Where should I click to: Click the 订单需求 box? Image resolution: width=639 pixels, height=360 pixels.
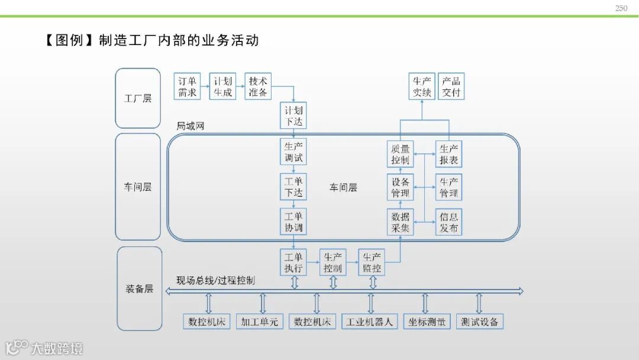pyautogui.click(x=188, y=86)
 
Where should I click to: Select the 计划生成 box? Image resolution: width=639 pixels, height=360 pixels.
pyautogui.click(x=222, y=86)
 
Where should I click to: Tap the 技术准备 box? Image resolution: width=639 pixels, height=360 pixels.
pyautogui.click(x=258, y=86)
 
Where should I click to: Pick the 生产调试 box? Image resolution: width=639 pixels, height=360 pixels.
pyautogui.click(x=293, y=152)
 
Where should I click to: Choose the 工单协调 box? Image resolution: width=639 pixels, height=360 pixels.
pyautogui.click(x=293, y=222)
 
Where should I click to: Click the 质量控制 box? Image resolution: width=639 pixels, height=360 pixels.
pyautogui.click(x=400, y=154)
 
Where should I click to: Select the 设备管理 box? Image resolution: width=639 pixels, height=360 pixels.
pyautogui.click(x=400, y=188)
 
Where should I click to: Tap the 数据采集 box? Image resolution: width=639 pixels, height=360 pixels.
pyautogui.click(x=400, y=222)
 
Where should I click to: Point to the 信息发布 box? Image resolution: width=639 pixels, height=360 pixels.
pyautogui.click(x=448, y=222)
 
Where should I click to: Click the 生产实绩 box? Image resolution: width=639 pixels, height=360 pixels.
pyautogui.click(x=422, y=86)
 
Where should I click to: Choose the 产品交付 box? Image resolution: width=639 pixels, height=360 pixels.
pyautogui.click(x=451, y=86)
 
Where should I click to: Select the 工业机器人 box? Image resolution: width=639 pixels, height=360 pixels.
pyautogui.click(x=370, y=322)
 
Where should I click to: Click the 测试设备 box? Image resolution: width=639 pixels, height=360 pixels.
pyautogui.click(x=480, y=322)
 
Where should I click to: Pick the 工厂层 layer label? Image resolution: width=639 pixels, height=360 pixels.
pyautogui.click(x=138, y=98)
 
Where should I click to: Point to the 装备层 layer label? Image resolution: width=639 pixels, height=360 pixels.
pyautogui.click(x=139, y=289)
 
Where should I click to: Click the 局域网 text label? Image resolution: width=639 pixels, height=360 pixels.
pyautogui.click(x=191, y=127)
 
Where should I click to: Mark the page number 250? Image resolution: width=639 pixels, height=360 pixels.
pyautogui.click(x=621, y=8)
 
